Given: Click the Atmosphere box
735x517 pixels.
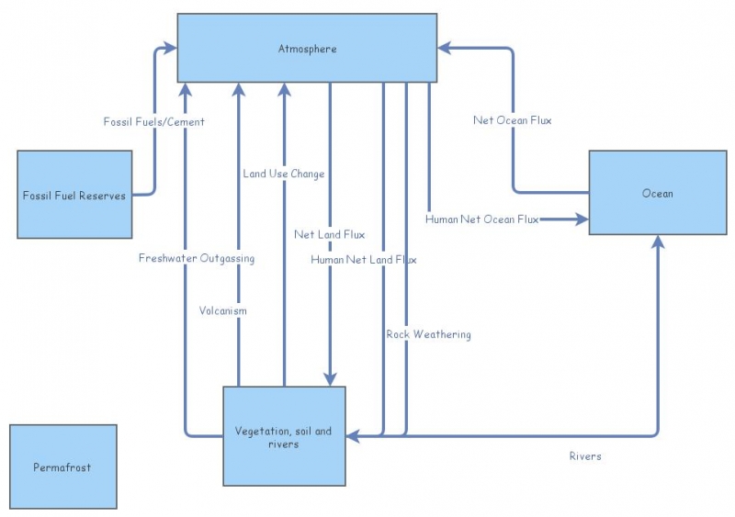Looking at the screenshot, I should click(307, 48).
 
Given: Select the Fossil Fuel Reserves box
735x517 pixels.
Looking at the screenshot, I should click(74, 195).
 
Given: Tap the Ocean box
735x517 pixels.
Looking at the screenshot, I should click(657, 193).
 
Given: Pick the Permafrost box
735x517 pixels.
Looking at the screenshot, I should click(63, 466).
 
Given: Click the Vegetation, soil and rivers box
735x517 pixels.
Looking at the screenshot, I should click(284, 436).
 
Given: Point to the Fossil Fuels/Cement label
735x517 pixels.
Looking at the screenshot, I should click(153, 121).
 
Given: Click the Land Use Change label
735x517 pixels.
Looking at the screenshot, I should click(283, 174).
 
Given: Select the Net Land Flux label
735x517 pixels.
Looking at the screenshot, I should click(329, 234).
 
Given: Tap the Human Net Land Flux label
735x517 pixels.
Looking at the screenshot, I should click(363, 260).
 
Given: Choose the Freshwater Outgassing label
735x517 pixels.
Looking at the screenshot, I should click(197, 258).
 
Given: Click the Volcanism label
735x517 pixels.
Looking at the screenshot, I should click(223, 310).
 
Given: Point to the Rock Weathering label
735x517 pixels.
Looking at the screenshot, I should click(428, 334).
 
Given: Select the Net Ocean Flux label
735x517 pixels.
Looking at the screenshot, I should click(512, 120).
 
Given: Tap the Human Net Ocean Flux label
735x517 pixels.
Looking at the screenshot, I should click(481, 219).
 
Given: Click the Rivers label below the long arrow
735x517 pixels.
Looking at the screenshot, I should click(585, 455).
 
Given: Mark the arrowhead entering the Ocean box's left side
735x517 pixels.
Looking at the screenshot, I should click(582, 219).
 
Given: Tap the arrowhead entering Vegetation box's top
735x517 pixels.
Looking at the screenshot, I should click(329, 379).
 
